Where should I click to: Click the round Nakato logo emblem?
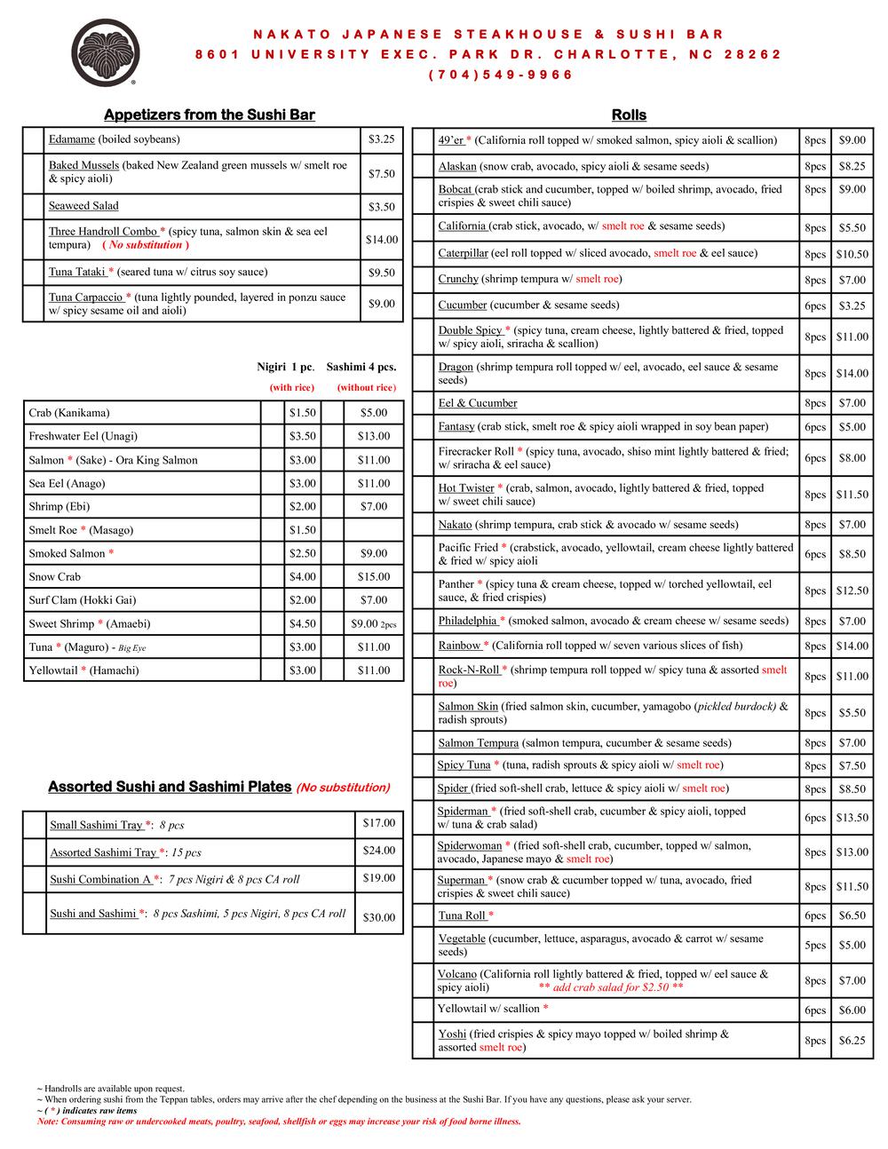104,53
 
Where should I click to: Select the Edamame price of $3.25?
381,139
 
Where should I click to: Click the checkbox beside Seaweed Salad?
34,206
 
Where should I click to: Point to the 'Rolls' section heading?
629,115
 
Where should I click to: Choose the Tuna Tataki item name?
76,272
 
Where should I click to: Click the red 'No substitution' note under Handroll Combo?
146,245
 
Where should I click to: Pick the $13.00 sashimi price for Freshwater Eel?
373,436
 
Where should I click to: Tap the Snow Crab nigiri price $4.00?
302,576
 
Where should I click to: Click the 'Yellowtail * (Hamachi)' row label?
83,670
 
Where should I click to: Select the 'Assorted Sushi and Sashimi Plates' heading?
170,787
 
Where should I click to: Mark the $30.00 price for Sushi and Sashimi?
379,917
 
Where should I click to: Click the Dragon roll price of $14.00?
852,374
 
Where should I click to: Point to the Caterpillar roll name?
463,253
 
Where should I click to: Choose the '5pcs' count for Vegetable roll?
815,945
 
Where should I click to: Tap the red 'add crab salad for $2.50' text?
611,987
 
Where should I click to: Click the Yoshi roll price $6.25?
852,1041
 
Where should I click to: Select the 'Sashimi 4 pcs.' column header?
361,367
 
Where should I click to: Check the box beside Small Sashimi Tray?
34,825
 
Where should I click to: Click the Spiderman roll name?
463,811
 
